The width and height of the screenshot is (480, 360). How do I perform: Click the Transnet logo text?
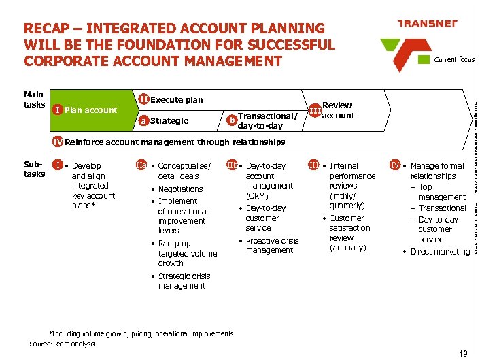click(426, 23)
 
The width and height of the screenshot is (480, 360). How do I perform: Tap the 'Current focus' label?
click(454, 59)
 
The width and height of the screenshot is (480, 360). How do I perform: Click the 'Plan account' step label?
click(90, 110)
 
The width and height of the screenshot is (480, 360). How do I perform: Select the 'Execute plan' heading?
click(176, 99)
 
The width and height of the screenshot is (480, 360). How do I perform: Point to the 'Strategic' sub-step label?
click(169, 121)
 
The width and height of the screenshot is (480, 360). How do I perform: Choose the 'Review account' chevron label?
click(337, 110)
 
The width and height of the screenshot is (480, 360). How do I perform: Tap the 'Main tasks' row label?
click(34, 99)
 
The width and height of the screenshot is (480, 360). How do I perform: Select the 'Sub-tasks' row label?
click(34, 169)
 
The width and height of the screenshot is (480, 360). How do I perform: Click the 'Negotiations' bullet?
click(180, 189)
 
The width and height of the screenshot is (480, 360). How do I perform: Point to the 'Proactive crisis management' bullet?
click(272, 246)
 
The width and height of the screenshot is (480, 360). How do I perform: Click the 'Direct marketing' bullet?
click(440, 252)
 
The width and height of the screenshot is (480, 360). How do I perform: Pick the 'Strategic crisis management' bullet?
click(184, 281)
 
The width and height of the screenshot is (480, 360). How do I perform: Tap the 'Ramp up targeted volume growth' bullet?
click(187, 253)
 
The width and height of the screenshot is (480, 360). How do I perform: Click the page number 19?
click(463, 353)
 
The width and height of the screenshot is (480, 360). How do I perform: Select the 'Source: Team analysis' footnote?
click(62, 344)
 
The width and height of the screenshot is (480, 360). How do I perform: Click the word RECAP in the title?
click(50, 29)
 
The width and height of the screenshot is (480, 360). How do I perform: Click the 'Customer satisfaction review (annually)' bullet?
click(349, 233)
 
